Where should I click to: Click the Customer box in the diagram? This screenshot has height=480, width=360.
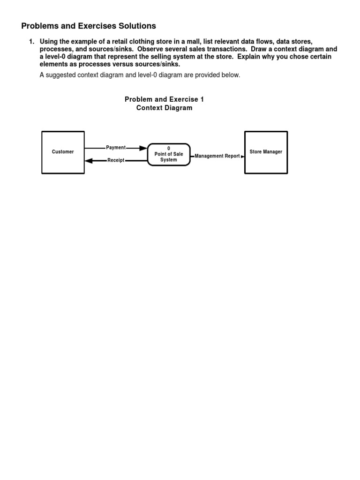tap(63, 152)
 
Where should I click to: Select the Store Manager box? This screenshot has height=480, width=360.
tap(266, 152)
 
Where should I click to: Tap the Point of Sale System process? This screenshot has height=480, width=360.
tap(169, 154)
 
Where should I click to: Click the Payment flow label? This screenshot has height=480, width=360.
tap(116, 148)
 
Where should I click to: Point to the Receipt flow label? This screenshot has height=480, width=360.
tap(116, 160)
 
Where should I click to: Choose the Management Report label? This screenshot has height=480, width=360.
tap(217, 156)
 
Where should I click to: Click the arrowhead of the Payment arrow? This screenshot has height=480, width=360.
tap(143, 148)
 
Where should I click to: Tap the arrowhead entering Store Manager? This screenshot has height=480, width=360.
tap(242, 156)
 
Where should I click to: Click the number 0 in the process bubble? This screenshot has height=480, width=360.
tap(169, 149)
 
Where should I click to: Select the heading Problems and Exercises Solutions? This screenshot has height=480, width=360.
tap(89, 26)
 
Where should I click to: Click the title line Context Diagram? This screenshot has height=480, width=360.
tap(164, 108)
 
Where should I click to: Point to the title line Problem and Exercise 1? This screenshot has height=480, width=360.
tap(164, 99)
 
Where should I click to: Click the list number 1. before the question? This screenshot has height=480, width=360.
tap(31, 42)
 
